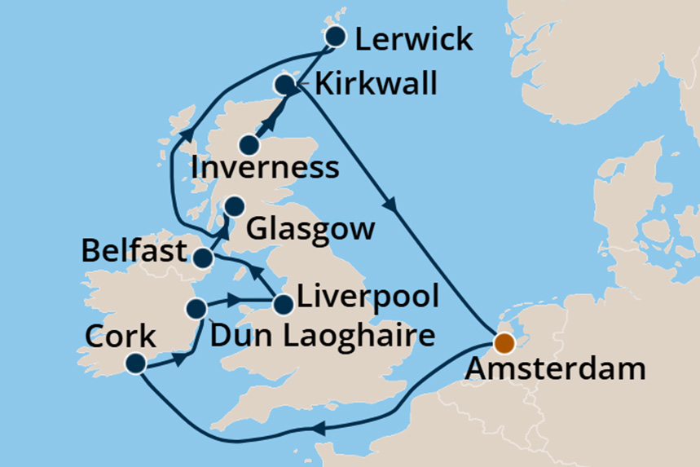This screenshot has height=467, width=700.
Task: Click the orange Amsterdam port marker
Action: click(504, 343)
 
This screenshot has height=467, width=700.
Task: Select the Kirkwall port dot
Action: click(284, 85)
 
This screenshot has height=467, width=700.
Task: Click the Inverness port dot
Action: click(250, 146)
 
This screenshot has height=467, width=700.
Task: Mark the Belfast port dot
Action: click(202, 259)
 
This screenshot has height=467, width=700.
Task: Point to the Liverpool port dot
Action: click(283, 305)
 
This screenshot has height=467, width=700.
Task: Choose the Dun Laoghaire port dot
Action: click(196, 308)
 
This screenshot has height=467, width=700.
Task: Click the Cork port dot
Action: click(136, 363)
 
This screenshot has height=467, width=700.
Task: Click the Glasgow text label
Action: click(310, 228)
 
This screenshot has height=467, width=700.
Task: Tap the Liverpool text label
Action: click(368, 295)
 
